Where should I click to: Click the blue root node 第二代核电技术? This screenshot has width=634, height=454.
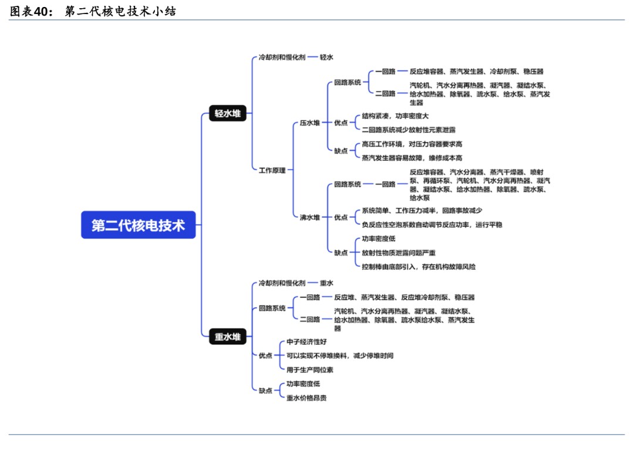coord(138,225)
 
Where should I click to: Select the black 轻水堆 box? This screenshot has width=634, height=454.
coord(228,114)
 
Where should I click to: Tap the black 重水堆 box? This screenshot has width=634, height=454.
coord(228,337)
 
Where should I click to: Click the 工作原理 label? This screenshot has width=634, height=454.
coord(272,170)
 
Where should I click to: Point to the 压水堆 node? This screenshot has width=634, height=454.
coord(310,123)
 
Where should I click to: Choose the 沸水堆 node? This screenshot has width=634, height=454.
coord(310,217)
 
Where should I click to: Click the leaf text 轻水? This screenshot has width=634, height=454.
coord(326,57)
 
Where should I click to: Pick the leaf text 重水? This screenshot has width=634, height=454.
coord(326,283)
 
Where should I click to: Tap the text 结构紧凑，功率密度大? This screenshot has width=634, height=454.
coord(395,116)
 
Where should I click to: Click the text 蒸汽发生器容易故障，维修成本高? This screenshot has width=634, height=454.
coord(412,158)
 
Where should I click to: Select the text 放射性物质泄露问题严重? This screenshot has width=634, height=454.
coord(399,253)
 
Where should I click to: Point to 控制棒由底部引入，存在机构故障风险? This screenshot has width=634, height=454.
coord(419,266)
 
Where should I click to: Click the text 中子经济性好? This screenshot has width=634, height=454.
coord(306,341)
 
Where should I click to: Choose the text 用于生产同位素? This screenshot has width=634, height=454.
coord(310,370)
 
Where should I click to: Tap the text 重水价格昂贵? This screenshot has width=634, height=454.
coord(306,398)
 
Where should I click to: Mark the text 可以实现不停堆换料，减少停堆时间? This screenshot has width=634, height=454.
coord(340,355)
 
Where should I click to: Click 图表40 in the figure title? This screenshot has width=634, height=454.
coord(28,11)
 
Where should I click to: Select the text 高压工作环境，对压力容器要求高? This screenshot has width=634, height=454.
coord(412,144)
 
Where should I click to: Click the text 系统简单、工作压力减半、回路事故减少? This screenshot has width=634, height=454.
coord(422,211)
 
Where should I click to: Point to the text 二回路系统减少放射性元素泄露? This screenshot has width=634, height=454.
coord(409,130)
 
